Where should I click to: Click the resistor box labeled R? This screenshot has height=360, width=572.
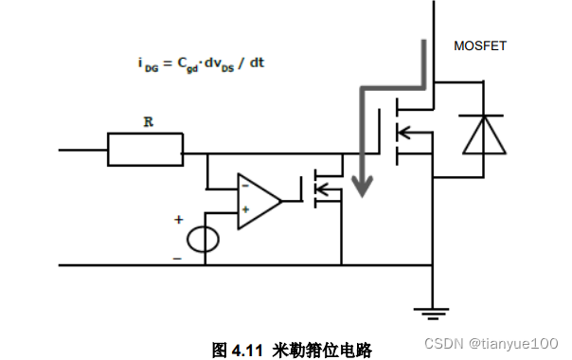(145, 150)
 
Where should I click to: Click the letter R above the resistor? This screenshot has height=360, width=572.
(148, 122)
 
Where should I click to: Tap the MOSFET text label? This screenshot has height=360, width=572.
(480, 45)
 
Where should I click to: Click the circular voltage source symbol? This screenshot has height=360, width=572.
(202, 239)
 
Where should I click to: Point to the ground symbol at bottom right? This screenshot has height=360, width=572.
(433, 311)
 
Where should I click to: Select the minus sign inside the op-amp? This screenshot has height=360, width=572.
(245, 187)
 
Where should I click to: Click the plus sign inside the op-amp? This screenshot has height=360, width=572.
(245, 210)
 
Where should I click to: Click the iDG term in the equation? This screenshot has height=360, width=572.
(147, 65)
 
